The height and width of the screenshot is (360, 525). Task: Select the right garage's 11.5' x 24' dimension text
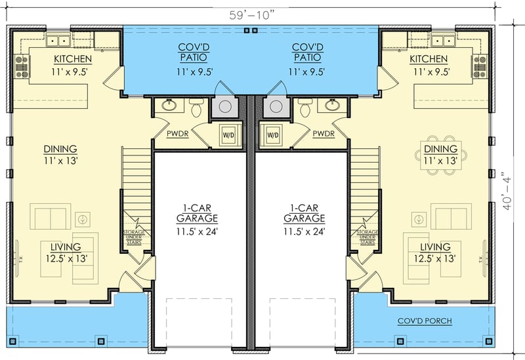(x=304, y=231)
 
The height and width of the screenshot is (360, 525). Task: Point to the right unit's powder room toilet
(x=304, y=110)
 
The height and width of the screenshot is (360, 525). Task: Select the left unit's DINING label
(x=60, y=149)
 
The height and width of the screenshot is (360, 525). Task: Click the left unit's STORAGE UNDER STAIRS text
(x=135, y=236)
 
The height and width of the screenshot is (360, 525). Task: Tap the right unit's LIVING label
(x=435, y=247)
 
